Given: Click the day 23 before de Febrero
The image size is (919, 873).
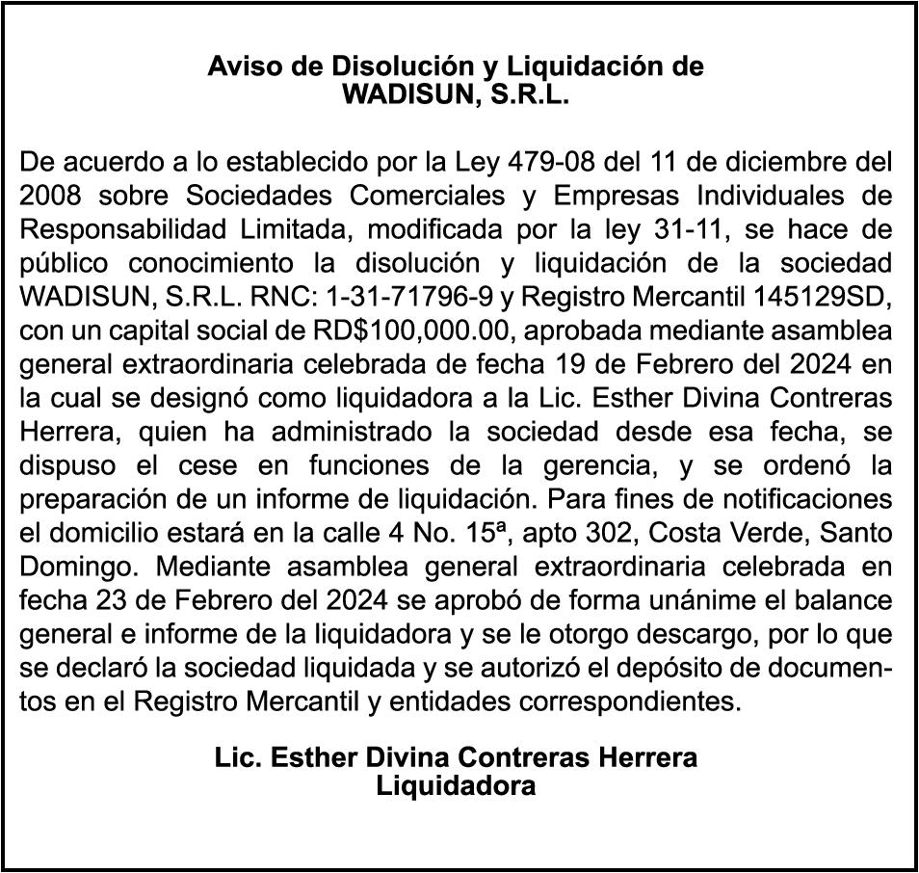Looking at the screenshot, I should pyautogui.click(x=120, y=601).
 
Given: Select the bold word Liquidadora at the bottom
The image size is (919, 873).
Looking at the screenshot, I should pyautogui.click(x=456, y=785).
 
